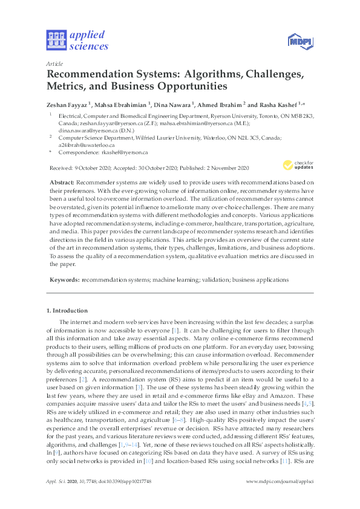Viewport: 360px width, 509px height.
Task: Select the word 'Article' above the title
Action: tap(55, 63)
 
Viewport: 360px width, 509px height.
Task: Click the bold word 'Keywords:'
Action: tap(63, 280)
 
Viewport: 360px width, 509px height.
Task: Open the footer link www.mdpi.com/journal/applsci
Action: tap(280, 485)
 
